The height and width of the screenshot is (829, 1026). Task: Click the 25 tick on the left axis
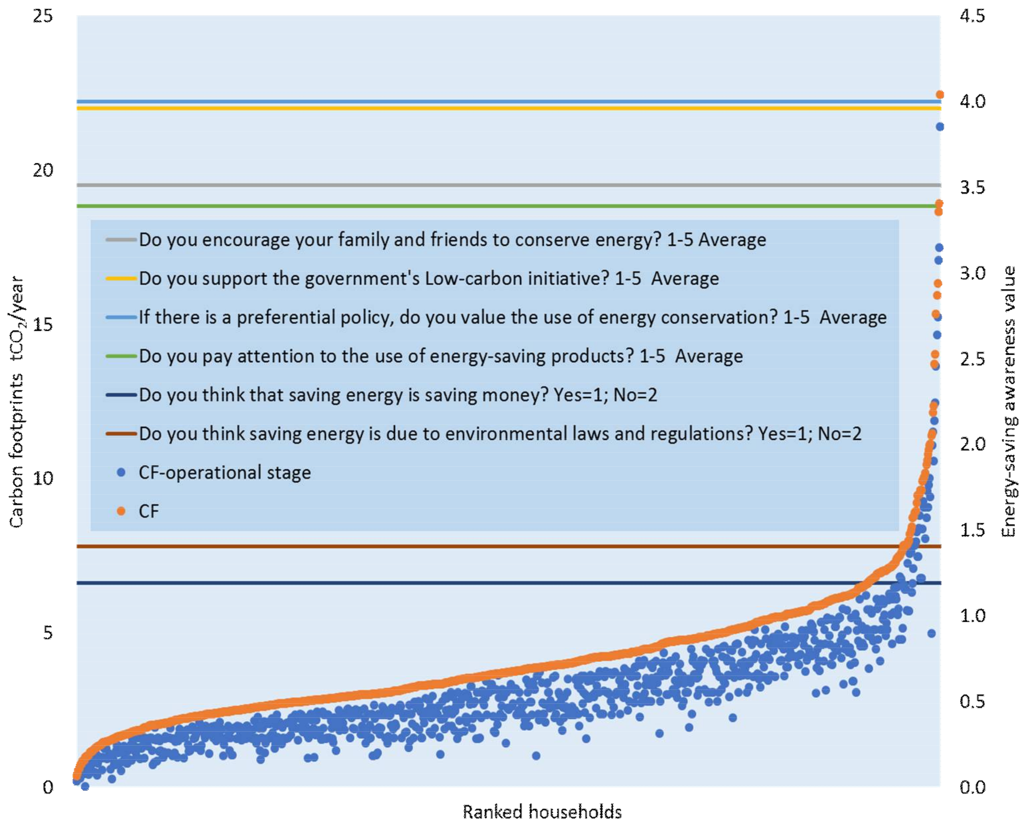[x=43, y=16]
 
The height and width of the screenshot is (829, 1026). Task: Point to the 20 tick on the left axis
[x=43, y=170]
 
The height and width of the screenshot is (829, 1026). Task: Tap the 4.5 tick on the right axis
[x=973, y=16]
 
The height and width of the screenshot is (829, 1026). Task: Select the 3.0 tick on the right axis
[x=973, y=273]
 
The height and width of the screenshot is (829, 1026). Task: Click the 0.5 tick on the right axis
[x=973, y=701]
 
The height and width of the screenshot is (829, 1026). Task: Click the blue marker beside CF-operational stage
[x=121, y=473]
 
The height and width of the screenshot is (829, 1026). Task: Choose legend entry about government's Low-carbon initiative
[x=428, y=278]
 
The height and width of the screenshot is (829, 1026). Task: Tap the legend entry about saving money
[x=398, y=395]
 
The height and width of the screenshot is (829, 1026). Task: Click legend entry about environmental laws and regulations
[x=500, y=434]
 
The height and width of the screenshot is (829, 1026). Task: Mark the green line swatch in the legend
[x=121, y=356]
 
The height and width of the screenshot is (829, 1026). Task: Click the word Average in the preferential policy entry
[x=853, y=318]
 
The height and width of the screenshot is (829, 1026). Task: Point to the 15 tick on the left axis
[x=43, y=325]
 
